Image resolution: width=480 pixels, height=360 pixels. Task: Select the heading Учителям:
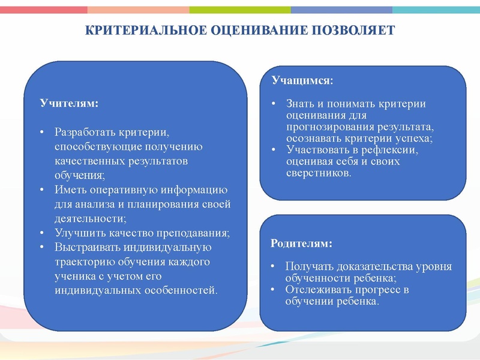[x=69, y=103]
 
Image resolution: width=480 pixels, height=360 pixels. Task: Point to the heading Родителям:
[x=301, y=244]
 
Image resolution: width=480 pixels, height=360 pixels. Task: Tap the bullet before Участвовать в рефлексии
[x=273, y=149]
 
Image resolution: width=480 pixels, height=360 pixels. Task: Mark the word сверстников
[x=318, y=173]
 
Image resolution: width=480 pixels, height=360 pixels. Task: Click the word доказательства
[x=373, y=267]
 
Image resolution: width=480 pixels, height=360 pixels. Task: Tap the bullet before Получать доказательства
[x=273, y=267]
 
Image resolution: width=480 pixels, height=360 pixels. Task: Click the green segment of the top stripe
[x=240, y=10]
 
